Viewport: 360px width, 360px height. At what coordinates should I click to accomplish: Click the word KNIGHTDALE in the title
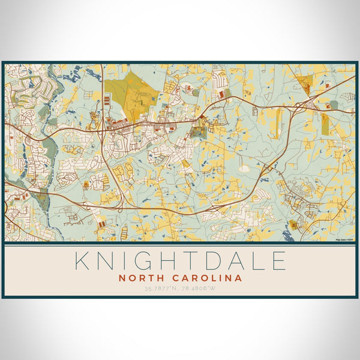click(x=180, y=262)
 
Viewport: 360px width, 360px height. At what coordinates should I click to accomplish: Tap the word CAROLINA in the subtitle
click(x=206, y=278)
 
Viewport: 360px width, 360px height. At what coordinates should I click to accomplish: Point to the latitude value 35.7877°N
click(x=160, y=289)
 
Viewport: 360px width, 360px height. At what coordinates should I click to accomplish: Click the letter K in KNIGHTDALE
click(x=83, y=262)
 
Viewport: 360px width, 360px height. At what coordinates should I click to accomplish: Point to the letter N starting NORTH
click(x=122, y=278)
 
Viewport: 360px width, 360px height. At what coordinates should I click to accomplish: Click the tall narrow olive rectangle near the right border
click(x=325, y=125)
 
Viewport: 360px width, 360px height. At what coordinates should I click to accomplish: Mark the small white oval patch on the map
click(x=244, y=169)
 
